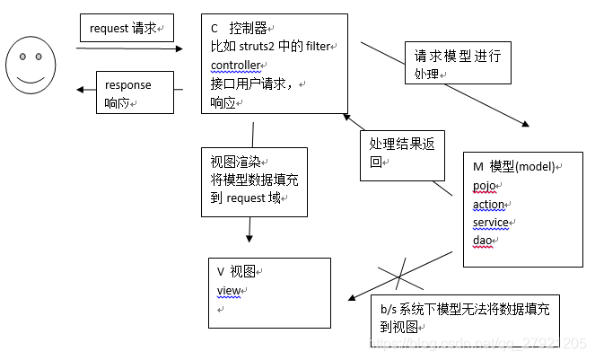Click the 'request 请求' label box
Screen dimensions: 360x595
pyautogui.click(x=126, y=29)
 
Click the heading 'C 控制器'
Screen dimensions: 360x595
pyautogui.click(x=239, y=30)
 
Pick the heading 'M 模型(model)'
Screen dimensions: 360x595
pyautogui.click(x=517, y=168)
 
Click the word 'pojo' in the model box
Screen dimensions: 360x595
pyautogui.click(x=484, y=186)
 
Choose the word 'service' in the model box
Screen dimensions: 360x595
pyautogui.click(x=491, y=222)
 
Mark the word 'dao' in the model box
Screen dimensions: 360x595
pyautogui.click(x=482, y=240)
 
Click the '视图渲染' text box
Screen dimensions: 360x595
pyautogui.click(x=254, y=181)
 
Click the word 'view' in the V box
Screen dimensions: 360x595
pyautogui.click(x=229, y=290)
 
